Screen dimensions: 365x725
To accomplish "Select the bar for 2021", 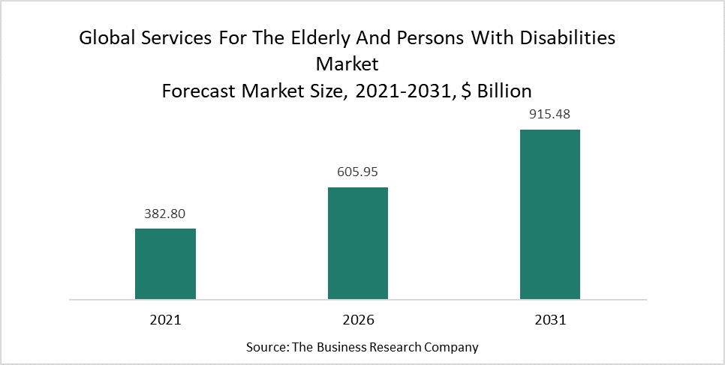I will point(165,264).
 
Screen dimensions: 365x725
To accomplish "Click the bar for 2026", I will point(357,243).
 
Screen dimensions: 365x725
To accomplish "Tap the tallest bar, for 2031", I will point(549,214).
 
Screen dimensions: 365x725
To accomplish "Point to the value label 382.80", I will point(165,214).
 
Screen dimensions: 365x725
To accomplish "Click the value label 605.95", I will point(357,172).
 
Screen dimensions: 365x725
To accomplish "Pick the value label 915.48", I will point(549,115).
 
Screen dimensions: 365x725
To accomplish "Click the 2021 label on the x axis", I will point(165,319).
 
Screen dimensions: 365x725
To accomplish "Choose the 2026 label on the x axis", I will point(357,319).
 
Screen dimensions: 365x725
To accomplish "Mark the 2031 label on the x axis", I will point(549,319).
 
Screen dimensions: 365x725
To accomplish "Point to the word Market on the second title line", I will point(347,64).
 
